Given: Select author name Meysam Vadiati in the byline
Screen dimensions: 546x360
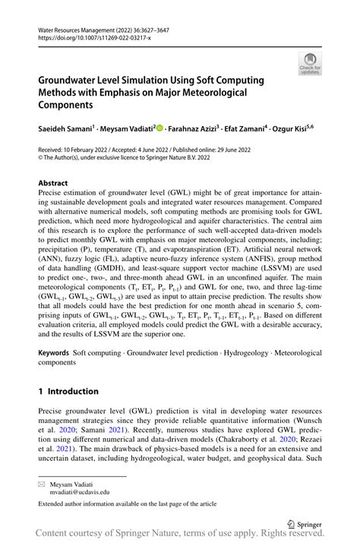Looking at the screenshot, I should [128, 130].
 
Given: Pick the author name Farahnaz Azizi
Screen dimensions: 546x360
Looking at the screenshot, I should [194, 130].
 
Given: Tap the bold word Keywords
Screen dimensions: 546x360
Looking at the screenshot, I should [53, 354].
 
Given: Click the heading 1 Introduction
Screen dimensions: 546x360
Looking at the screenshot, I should [68, 391].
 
